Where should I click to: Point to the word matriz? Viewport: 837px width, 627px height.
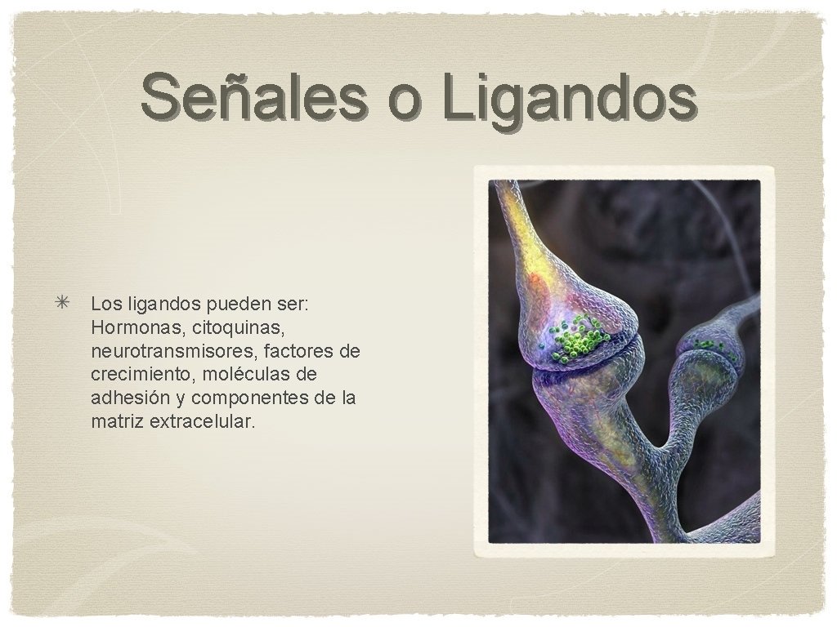coord(117,422)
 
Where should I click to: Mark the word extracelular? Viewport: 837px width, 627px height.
coord(203,422)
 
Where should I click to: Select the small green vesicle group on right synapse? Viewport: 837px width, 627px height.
coord(709,346)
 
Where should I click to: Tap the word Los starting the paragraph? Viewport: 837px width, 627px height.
coord(105,304)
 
